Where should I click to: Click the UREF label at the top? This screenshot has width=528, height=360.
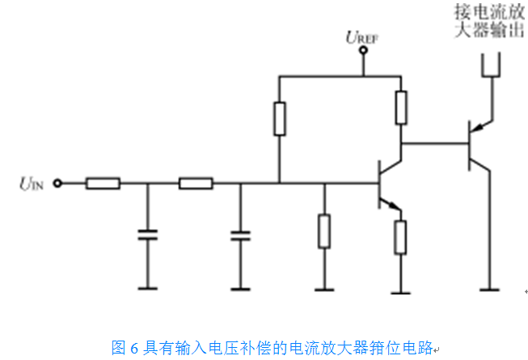(362, 36)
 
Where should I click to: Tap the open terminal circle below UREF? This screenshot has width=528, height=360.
(363, 51)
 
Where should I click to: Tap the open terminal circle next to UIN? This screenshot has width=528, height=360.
(57, 184)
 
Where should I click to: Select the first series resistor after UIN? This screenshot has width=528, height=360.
(103, 184)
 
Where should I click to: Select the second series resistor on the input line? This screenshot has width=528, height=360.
(196, 184)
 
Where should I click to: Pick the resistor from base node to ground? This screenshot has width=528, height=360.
(324, 231)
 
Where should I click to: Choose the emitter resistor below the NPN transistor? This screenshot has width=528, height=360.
(400, 236)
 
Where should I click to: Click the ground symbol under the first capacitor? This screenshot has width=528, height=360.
(147, 288)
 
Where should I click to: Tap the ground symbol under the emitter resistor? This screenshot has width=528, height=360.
(400, 289)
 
